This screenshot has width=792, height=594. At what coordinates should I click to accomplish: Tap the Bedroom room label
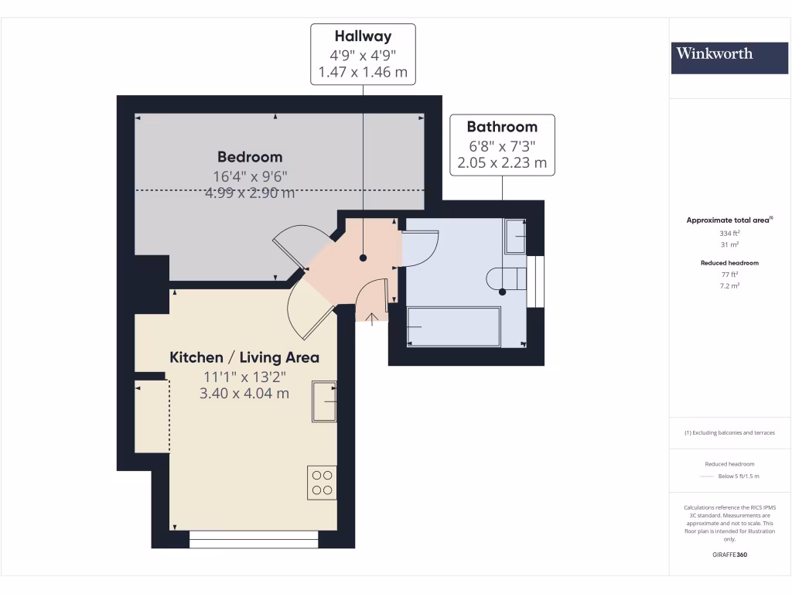250,157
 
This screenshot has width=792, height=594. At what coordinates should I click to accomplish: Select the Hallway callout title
363,36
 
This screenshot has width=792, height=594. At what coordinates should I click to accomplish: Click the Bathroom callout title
502,127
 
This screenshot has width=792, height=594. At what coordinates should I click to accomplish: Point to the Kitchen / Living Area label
244,357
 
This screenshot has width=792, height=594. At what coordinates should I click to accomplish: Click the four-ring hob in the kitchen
322,483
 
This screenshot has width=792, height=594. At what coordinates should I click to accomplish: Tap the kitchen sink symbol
324,401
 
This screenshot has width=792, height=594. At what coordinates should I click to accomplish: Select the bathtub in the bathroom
454,326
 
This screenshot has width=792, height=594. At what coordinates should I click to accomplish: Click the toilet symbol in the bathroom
507,278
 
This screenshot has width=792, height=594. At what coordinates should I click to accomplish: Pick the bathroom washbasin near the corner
515,235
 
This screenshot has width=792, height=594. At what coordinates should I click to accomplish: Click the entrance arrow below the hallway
371,318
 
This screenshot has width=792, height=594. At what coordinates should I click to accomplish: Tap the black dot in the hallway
363,259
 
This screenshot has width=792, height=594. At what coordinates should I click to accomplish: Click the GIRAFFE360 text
729,555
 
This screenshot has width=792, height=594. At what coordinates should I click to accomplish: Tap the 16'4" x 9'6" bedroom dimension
250,176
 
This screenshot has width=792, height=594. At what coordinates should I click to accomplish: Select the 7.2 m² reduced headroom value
729,285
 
